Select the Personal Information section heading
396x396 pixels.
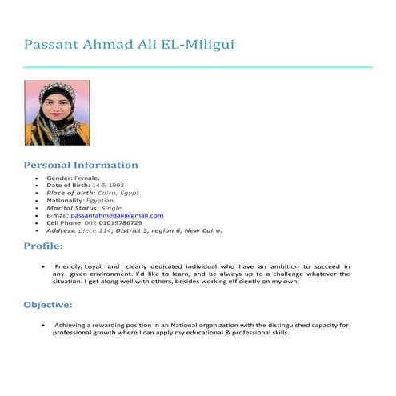click(x=80, y=165)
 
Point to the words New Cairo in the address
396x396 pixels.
click(x=203, y=230)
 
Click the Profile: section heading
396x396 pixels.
click(x=42, y=246)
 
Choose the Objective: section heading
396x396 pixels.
click(x=48, y=305)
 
